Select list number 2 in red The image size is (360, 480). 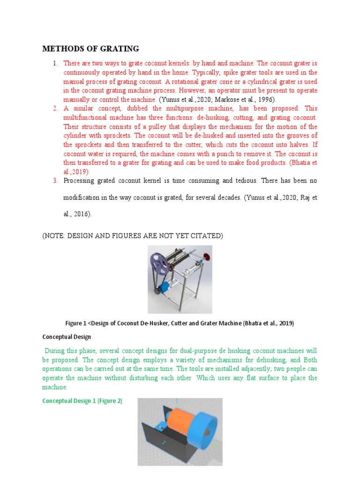coord(54,108)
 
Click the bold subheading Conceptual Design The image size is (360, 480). coord(67,337)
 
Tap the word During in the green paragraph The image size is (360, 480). coord(56,351)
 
